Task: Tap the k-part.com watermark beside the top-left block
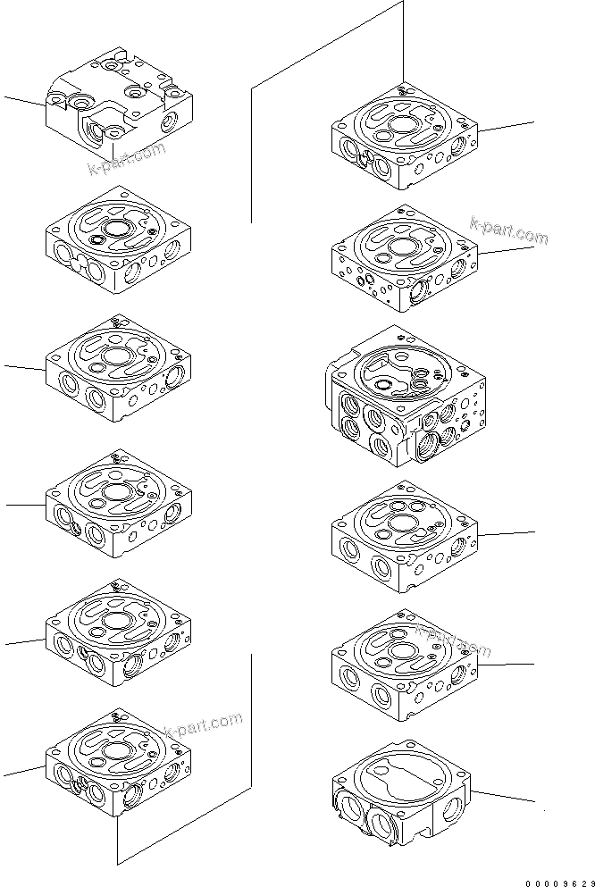tap(127, 158)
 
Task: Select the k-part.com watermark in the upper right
tap(507, 231)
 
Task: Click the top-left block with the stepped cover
tap(122, 103)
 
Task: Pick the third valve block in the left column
tap(117, 368)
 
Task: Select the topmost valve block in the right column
tap(405, 138)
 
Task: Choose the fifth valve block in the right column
tap(405, 665)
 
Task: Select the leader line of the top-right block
tap(507, 126)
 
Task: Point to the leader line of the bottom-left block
tap(22, 771)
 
